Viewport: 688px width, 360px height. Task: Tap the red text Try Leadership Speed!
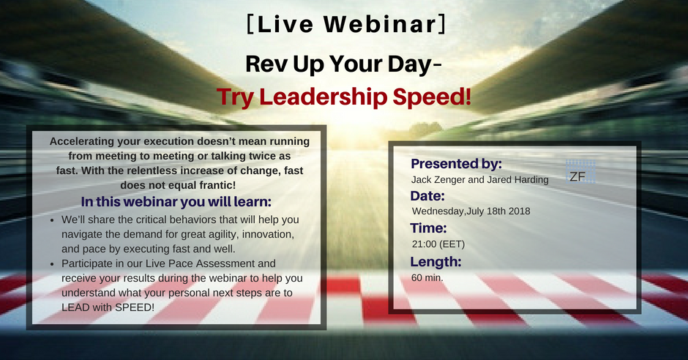(343, 97)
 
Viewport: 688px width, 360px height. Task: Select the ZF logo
(580, 171)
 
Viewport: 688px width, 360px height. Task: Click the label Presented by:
(456, 164)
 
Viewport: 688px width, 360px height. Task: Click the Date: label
(427, 195)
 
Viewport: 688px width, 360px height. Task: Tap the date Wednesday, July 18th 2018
(471, 211)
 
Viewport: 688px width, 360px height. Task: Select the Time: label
(428, 228)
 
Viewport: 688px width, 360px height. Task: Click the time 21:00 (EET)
(438, 244)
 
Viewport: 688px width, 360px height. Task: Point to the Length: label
(435, 262)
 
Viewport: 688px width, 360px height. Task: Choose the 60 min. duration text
(427, 277)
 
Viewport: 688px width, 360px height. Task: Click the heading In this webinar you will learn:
(176, 202)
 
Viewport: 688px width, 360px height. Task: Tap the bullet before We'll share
(52, 220)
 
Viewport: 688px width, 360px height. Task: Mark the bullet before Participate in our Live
(52, 264)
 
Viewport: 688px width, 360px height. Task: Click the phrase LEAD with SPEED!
(108, 307)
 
